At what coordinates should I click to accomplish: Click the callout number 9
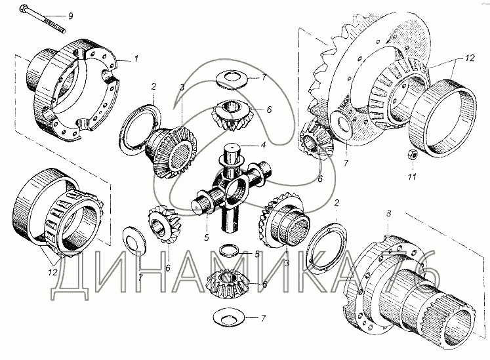tap(70, 16)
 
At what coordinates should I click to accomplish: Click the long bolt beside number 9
tap(42, 18)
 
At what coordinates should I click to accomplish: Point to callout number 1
tap(136, 58)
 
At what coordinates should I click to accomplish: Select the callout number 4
tap(264, 146)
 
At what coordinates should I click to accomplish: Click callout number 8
tap(388, 214)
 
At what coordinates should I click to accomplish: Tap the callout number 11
tap(412, 177)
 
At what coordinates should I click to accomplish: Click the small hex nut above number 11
tap(411, 154)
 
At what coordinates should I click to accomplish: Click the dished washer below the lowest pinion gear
tap(230, 319)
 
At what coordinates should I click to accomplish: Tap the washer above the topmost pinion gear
tap(232, 80)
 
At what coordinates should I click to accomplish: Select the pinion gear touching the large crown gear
tap(316, 140)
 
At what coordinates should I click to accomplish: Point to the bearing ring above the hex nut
tap(443, 118)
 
